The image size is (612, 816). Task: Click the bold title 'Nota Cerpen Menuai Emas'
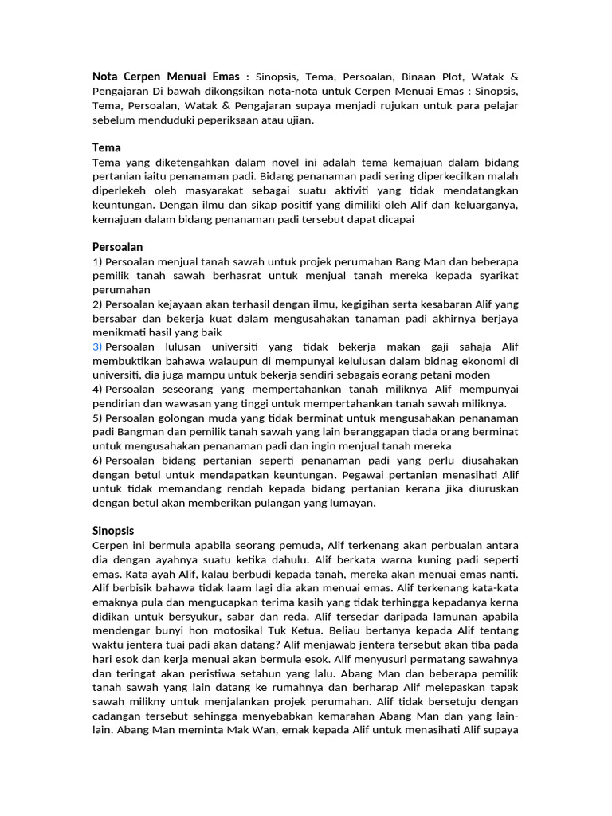[166, 76]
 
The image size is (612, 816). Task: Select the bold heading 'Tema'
[106, 147]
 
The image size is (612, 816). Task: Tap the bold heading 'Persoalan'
[117, 247]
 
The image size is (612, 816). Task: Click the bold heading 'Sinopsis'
[113, 530]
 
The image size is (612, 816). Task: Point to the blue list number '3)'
[97, 347]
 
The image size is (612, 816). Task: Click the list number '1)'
[97, 261]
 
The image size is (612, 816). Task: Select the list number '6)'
[97, 461]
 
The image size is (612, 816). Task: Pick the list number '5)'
[97, 418]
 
